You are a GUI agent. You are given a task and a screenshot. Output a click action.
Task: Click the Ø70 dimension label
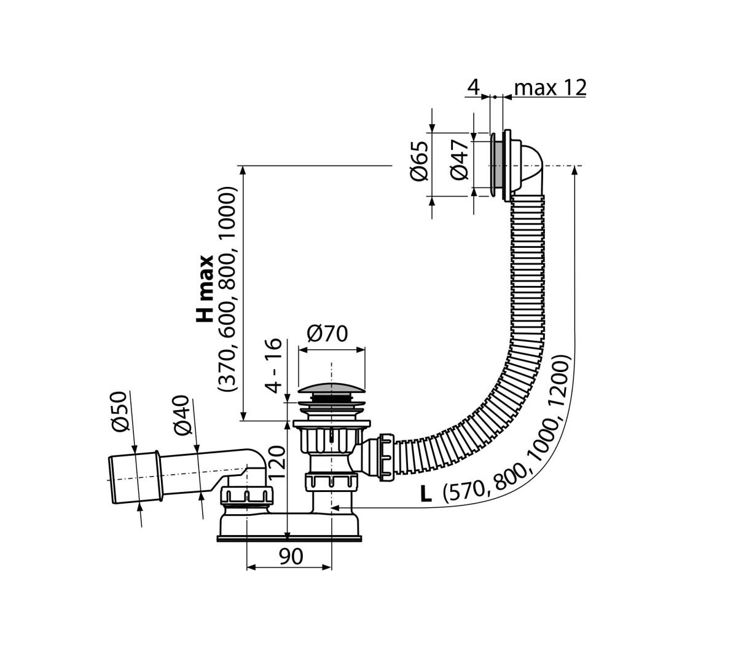(x=327, y=334)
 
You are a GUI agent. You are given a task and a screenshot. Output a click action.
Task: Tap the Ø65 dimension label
(x=419, y=161)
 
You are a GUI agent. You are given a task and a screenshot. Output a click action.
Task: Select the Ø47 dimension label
(x=460, y=160)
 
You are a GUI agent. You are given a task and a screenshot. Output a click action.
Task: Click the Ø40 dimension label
(x=182, y=415)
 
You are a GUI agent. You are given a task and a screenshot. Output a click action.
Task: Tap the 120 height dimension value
(x=276, y=463)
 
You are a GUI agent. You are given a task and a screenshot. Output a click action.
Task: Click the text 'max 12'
(x=550, y=88)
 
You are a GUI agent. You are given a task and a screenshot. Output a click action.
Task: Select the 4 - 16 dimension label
(x=273, y=365)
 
